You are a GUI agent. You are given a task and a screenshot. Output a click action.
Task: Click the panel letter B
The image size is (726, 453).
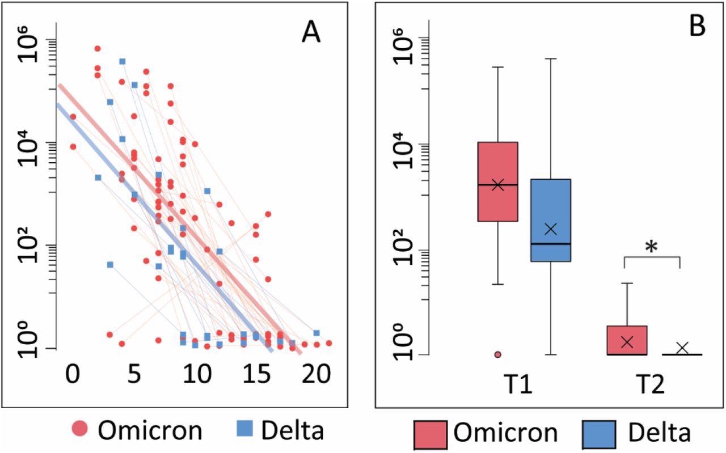tap(697, 27)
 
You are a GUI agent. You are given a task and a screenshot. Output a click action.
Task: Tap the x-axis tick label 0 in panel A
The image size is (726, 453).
tap(72, 376)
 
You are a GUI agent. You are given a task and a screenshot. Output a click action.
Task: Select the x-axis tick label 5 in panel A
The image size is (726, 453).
tap(134, 376)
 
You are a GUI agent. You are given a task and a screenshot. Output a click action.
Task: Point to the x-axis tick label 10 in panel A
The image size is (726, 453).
tap(194, 376)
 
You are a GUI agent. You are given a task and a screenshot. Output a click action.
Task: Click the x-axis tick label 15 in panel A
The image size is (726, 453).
tap(256, 376)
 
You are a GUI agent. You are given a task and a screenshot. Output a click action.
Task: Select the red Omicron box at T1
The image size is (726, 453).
tap(497, 181)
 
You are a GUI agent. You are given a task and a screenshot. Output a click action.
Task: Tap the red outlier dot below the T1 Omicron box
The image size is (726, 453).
tap(497, 354)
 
